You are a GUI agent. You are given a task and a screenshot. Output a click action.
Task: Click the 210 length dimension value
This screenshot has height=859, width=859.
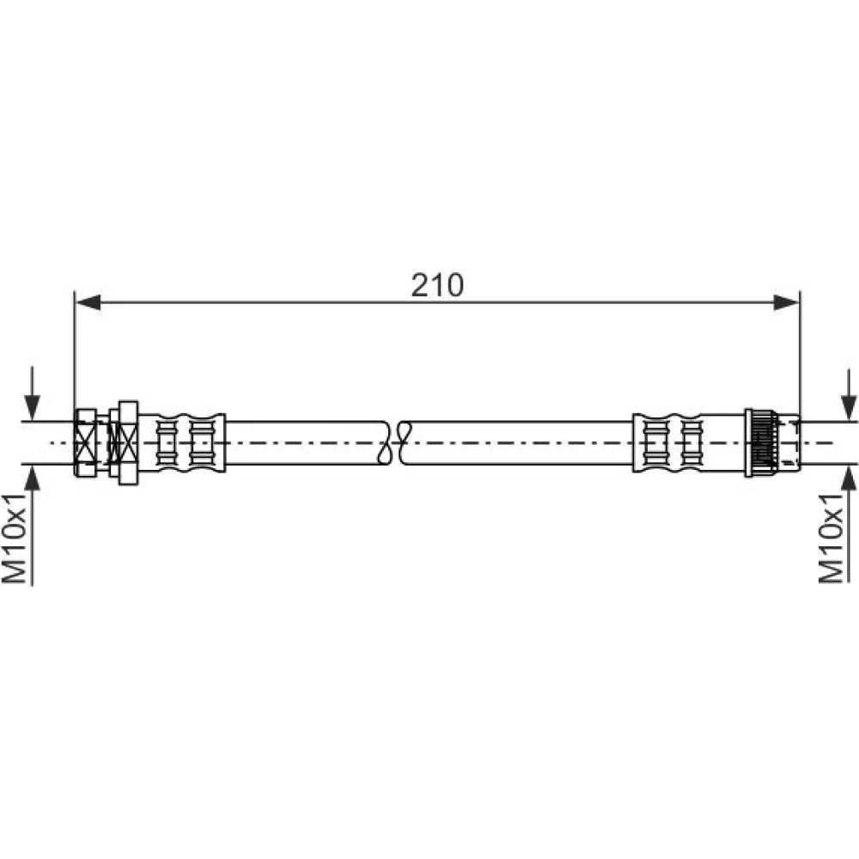(437, 285)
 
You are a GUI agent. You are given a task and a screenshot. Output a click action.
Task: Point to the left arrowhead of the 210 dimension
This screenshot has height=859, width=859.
(88, 302)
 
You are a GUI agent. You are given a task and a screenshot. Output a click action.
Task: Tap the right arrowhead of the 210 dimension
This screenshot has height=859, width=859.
(786, 302)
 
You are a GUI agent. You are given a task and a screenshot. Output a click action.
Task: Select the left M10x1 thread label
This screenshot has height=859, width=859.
(15, 538)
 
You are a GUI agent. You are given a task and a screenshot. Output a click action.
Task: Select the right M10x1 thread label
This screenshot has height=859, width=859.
(831, 538)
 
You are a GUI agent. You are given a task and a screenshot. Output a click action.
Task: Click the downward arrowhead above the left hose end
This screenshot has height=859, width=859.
(33, 407)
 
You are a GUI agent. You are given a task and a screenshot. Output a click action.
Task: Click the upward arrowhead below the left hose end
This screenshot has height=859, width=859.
(33, 478)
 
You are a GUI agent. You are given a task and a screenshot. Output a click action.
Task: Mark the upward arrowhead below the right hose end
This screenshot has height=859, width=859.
(849, 478)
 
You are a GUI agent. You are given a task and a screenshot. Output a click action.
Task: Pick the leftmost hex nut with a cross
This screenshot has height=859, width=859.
(85, 442)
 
